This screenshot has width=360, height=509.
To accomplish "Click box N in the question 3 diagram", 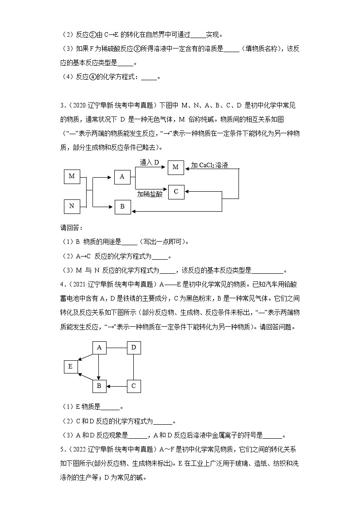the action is pyautogui.click(x=72, y=206).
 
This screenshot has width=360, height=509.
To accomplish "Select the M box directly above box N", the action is pyautogui.click(x=72, y=176).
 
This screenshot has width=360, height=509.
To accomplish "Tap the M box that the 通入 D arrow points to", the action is pyautogui.click(x=176, y=167).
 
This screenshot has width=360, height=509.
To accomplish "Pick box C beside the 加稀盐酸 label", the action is pyautogui.click(x=176, y=192).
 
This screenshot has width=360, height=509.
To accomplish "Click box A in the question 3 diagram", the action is pyautogui.click(x=122, y=177).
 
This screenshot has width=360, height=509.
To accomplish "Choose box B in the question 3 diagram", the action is pyautogui.click(x=122, y=207).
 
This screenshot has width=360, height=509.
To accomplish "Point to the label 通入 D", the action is pyautogui.click(x=150, y=162).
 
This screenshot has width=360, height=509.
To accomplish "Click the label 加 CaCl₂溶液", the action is pyautogui.click(x=209, y=165).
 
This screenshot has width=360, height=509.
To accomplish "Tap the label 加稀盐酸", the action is pyautogui.click(x=150, y=194).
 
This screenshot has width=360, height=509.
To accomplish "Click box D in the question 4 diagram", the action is pyautogui.click(x=133, y=347).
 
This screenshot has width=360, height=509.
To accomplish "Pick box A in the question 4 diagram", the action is pyautogui.click(x=99, y=347).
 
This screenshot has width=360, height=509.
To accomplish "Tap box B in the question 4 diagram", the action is pyautogui.click(x=99, y=386).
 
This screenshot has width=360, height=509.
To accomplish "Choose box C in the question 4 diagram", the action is pyautogui.click(x=133, y=386).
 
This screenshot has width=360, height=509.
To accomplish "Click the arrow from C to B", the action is pyautogui.click(x=116, y=386).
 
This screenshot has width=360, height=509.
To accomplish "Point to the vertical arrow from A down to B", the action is pyautogui.click(x=99, y=367).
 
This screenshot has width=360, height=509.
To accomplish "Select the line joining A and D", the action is pyautogui.click(x=116, y=347).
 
